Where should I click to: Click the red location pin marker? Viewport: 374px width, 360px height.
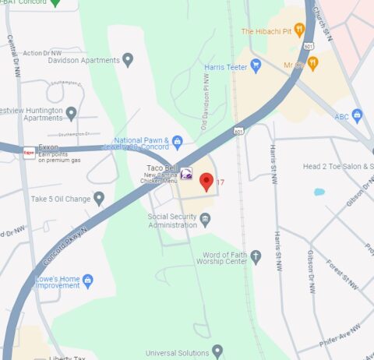(x=206, y=182)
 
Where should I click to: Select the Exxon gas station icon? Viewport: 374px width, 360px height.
(x=29, y=152)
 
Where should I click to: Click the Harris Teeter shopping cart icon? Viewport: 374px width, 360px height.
(x=256, y=67)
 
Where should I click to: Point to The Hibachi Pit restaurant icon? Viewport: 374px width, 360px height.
(x=299, y=31)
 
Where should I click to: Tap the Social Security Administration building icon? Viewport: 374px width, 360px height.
(x=205, y=221)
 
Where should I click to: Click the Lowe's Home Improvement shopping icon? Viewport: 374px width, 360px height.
(x=87, y=281)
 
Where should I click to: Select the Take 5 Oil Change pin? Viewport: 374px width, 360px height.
(x=99, y=199)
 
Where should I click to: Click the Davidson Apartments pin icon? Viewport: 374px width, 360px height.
(x=128, y=59)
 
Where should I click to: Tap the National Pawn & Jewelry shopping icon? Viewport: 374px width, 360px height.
(x=178, y=142)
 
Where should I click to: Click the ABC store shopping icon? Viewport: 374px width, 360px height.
(x=358, y=117)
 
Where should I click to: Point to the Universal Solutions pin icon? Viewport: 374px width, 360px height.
(x=217, y=351)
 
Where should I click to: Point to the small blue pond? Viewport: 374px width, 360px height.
(x=319, y=191)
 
